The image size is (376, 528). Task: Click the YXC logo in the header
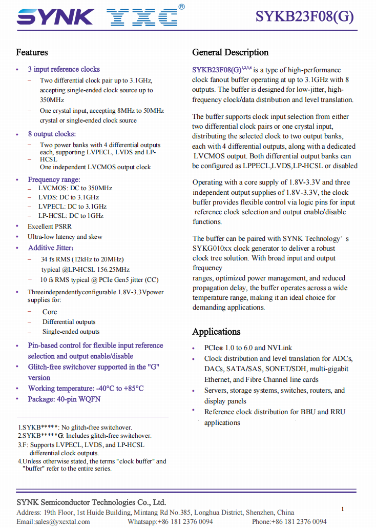143,18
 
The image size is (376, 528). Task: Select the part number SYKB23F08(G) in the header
305,17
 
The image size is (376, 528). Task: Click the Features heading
32,52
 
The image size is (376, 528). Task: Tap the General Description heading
230,52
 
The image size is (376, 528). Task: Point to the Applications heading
216,332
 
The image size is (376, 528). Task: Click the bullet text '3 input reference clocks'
64,69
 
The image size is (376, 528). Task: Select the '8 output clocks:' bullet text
52,134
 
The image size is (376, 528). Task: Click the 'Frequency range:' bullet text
54,179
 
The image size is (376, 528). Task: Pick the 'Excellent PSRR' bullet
50,226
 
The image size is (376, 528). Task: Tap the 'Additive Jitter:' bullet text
51,248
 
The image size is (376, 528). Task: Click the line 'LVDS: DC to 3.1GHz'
69,197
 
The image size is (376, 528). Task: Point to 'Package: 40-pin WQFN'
64,399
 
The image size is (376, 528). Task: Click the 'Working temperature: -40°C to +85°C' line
86,388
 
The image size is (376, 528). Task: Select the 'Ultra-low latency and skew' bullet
65,237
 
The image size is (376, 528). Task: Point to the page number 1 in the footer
343,509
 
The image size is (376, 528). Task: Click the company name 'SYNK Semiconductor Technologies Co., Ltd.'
91,502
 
